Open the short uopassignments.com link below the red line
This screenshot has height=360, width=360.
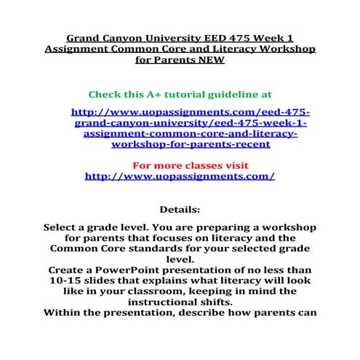pyautogui.click(x=180, y=177)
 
